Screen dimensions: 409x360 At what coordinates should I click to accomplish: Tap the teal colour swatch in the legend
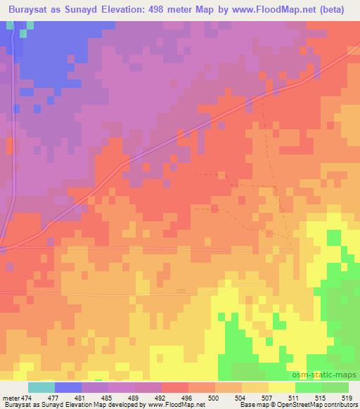(41, 387)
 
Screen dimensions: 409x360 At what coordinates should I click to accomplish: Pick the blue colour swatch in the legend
(67, 387)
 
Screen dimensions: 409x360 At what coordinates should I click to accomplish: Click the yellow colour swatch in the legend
(281, 387)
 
